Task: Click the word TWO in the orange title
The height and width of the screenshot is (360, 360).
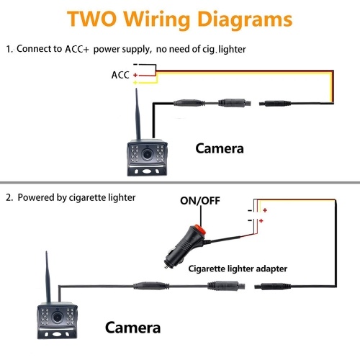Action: tap(92, 19)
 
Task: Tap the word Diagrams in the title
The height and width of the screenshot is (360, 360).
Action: tap(245, 20)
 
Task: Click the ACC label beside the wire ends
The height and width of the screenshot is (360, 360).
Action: tap(120, 75)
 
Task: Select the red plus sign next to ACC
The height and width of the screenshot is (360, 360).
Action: tap(135, 75)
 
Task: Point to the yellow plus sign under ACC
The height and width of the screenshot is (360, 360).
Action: tap(135, 83)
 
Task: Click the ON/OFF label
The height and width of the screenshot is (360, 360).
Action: tap(200, 201)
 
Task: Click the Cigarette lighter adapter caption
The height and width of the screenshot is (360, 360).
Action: tap(238, 269)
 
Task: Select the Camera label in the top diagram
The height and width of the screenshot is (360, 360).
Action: tap(220, 148)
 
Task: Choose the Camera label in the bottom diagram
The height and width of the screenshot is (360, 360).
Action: tap(132, 328)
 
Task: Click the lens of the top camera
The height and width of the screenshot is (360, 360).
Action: tap(146, 154)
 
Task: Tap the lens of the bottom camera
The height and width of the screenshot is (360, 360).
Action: tap(57, 318)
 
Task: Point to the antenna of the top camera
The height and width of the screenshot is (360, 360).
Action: tap(138, 114)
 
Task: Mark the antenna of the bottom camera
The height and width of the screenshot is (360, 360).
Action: tap(48, 276)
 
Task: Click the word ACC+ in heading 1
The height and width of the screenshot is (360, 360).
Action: tap(77, 49)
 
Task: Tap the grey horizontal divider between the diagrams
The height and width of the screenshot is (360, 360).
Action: tap(180, 183)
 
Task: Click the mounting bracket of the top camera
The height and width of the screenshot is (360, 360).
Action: tap(147, 170)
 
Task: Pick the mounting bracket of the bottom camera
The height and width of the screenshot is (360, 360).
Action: tap(58, 333)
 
